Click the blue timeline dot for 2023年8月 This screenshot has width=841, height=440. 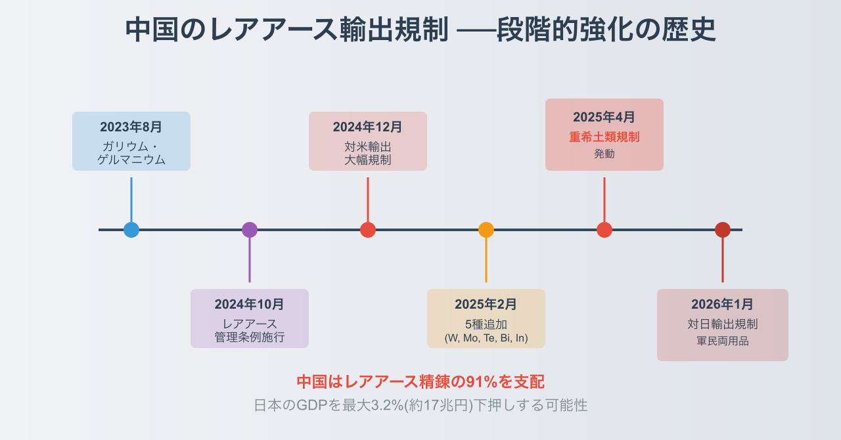click(131, 230)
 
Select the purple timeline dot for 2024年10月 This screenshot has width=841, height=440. click(250, 230)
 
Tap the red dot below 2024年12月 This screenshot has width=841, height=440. click(368, 230)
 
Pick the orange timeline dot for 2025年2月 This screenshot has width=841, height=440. click(486, 230)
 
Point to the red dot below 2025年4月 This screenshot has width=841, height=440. click(604, 230)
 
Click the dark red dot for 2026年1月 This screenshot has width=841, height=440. click(723, 230)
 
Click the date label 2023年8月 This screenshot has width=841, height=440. click(131, 127)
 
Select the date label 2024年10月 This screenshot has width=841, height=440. click(250, 304)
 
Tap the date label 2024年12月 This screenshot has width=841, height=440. click(368, 127)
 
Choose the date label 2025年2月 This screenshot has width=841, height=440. click(486, 304)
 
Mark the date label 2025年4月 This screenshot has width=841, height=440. click(604, 117)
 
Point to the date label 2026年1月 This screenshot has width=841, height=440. click(723, 304)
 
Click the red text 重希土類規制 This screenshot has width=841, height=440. click(604, 137)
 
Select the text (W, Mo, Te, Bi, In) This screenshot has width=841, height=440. click(486, 338)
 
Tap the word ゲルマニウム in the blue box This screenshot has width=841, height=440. click(131, 160)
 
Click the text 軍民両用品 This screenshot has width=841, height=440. click(723, 341)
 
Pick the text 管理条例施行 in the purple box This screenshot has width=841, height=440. click(250, 338)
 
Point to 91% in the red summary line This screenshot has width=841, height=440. click(481, 382)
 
